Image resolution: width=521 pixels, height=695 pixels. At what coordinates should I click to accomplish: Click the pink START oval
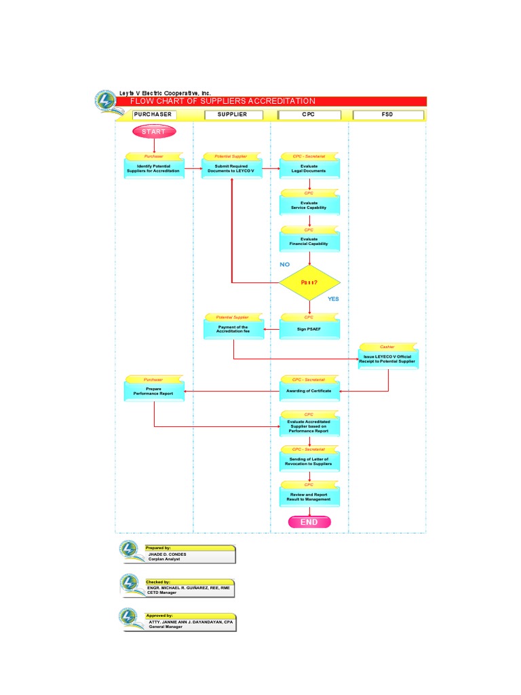tap(154, 132)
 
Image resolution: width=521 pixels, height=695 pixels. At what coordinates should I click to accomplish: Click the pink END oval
tap(309, 522)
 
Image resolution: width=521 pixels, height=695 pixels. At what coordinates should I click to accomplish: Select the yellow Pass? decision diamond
tap(309, 282)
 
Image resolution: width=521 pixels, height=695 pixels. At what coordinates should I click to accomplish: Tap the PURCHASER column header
tap(153, 115)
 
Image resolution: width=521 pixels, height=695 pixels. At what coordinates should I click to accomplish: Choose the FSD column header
tap(387, 115)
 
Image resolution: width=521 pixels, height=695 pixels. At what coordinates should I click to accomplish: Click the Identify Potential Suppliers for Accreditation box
tap(154, 168)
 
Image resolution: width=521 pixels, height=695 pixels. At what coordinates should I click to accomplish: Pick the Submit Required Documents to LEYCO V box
tap(231, 168)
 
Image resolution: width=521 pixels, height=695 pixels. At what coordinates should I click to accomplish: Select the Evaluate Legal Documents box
tap(309, 168)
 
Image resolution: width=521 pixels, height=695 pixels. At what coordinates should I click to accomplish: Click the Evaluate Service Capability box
tap(309, 205)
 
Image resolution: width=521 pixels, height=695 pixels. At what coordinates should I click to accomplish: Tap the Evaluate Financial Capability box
tap(309, 242)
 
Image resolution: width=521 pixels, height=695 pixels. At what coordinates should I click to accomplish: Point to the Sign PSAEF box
tap(309, 330)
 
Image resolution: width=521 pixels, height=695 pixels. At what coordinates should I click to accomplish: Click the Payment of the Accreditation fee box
tap(233, 330)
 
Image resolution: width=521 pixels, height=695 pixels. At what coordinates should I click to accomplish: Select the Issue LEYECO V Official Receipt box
tap(388, 359)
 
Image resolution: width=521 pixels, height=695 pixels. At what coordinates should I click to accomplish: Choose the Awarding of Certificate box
tap(309, 392)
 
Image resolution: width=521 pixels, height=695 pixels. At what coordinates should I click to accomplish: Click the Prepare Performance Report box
tap(154, 392)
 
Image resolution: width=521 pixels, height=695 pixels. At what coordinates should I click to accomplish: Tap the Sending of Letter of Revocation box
tap(309, 462)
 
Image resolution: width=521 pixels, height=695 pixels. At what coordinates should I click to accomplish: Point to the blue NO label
tap(284, 264)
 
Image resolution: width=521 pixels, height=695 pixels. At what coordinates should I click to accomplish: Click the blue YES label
tap(333, 299)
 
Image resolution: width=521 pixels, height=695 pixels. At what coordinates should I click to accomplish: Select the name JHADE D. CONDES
tap(167, 555)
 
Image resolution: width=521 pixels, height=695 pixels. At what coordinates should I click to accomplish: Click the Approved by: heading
tap(159, 616)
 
